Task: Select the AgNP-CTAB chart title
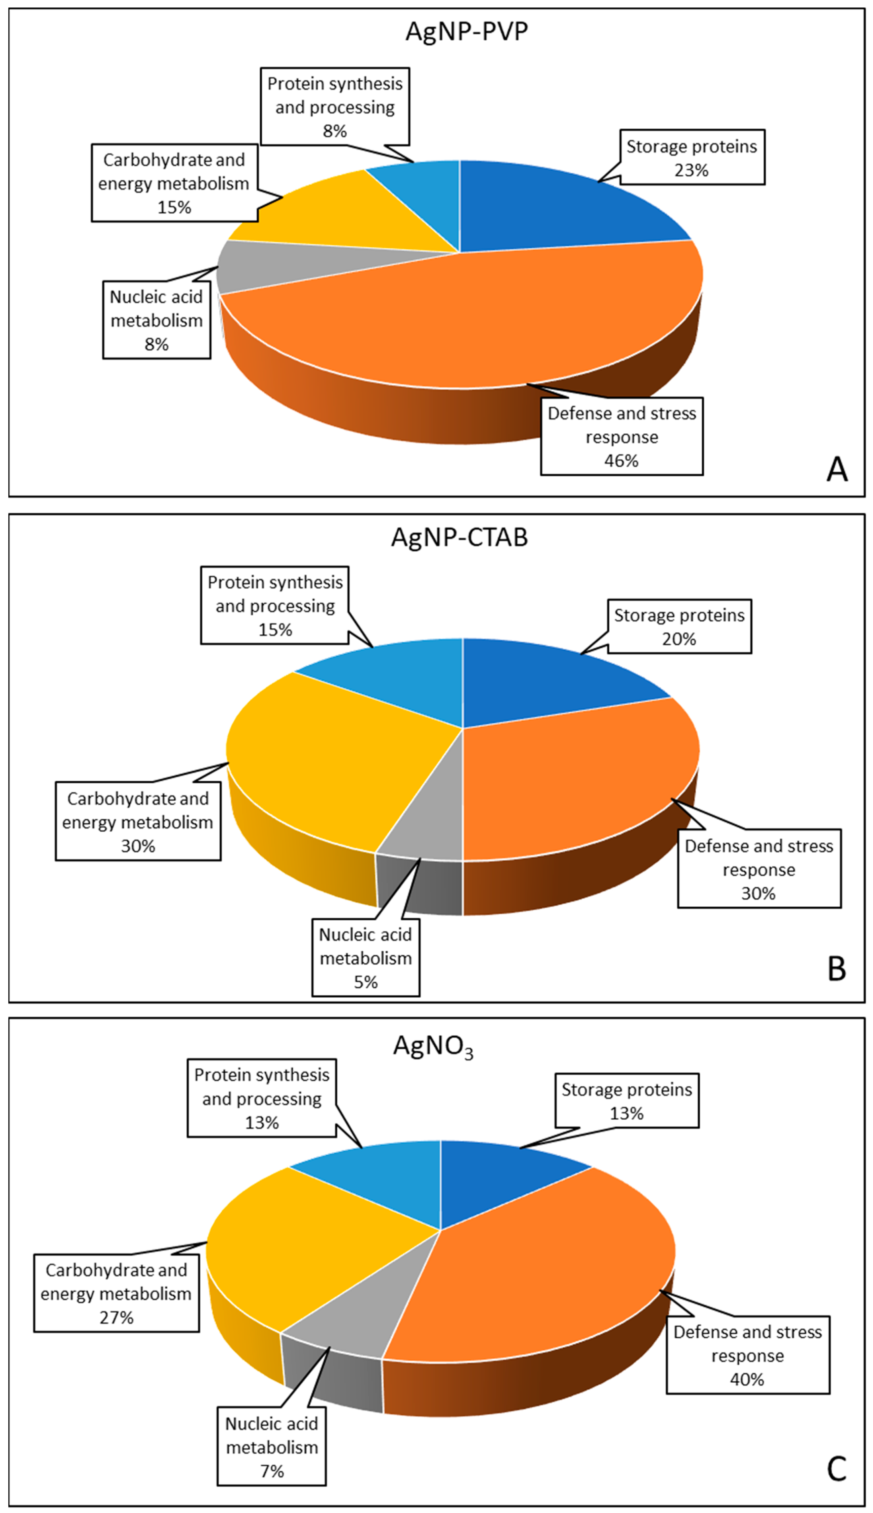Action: pyautogui.click(x=459, y=536)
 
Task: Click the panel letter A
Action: pyautogui.click(x=837, y=469)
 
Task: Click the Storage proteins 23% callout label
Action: pyautogui.click(x=692, y=158)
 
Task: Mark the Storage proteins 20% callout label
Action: pyautogui.click(x=679, y=626)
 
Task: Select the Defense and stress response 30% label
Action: pyautogui.click(x=759, y=869)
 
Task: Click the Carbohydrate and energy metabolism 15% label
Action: pyautogui.click(x=174, y=183)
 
